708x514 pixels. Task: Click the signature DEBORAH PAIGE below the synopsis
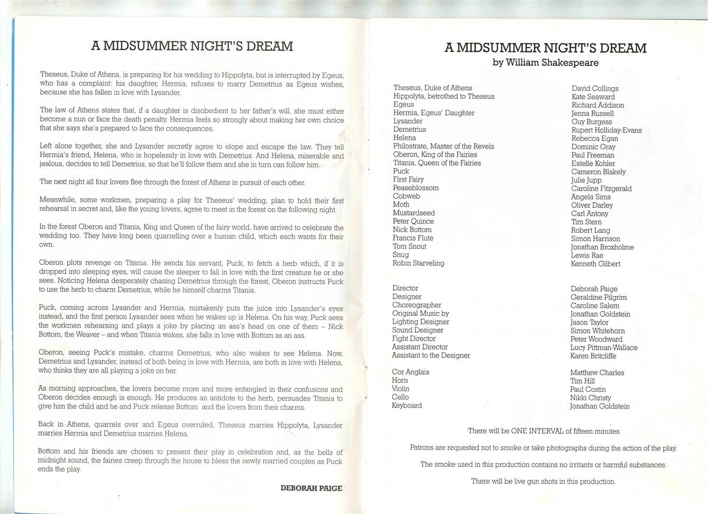click(x=311, y=488)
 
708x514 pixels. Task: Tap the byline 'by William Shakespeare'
click(x=546, y=62)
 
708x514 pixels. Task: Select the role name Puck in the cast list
click(x=401, y=171)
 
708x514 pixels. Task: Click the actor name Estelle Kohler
click(x=593, y=163)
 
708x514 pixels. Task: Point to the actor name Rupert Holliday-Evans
click(x=607, y=130)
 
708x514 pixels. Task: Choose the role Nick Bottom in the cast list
click(x=412, y=229)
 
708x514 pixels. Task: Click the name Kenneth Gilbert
click(x=596, y=263)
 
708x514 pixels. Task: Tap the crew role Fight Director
click(x=414, y=338)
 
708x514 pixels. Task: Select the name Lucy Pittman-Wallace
click(x=604, y=348)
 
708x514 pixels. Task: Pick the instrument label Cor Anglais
click(x=411, y=372)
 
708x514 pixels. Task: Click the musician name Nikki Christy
click(x=591, y=398)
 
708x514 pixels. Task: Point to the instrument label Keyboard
click(x=407, y=406)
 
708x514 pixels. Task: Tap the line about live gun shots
click(x=543, y=481)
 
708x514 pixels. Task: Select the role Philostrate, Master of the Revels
click(x=444, y=146)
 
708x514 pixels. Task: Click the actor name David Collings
click(x=595, y=88)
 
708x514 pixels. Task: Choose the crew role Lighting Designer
click(x=421, y=322)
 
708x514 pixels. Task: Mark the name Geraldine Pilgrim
click(x=598, y=298)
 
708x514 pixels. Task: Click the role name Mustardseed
click(x=414, y=213)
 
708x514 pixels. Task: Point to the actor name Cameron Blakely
click(x=598, y=172)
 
